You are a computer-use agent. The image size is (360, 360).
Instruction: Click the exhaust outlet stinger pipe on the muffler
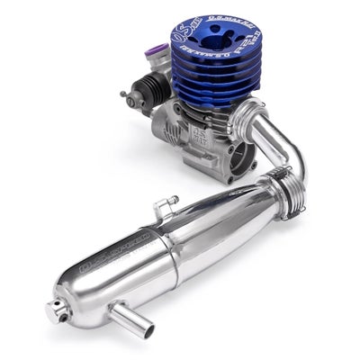[x=120, y=318]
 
